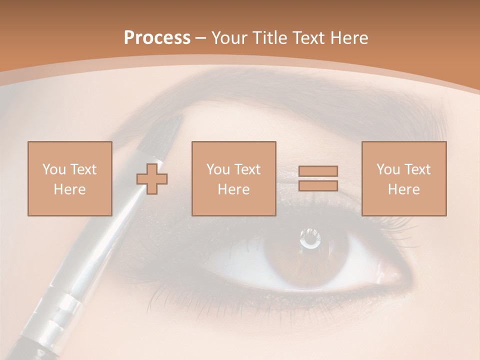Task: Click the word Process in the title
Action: coord(157,38)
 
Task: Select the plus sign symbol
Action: coord(152,178)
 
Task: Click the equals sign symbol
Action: coord(318,178)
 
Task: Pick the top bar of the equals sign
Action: coord(318,171)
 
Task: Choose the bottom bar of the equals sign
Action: coord(318,186)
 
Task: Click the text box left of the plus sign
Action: coord(69,178)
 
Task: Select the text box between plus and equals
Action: coord(233,178)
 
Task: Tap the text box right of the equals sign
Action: coord(403,178)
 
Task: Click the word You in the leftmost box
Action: coord(53,169)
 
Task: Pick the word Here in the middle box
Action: coord(233,189)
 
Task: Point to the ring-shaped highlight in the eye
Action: coord(310,239)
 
